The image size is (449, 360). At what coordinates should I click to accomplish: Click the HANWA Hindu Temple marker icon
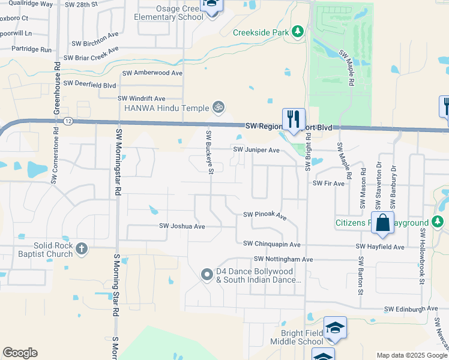point(219,107)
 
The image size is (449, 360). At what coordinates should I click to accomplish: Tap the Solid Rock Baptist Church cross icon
point(82,248)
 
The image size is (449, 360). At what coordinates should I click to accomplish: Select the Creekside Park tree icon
point(297,31)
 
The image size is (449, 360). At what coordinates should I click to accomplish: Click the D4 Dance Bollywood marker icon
point(207,275)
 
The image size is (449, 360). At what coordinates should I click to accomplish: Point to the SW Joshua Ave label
point(182,226)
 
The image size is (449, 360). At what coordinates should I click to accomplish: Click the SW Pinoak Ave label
point(265,214)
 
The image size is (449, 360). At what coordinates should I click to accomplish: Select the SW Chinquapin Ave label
point(272,244)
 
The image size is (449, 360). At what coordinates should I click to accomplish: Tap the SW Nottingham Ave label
point(284,259)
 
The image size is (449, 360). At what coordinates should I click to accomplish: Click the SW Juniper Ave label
point(256,149)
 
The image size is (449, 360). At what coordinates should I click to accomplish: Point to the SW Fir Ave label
point(328,183)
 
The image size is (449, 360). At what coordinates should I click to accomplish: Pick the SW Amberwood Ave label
point(152,73)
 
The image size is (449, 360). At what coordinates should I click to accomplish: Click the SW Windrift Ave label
point(141,98)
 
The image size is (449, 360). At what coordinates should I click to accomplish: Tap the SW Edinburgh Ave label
point(411,308)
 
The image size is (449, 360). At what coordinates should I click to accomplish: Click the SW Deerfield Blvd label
point(89,85)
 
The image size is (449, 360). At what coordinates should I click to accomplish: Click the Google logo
point(20,353)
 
